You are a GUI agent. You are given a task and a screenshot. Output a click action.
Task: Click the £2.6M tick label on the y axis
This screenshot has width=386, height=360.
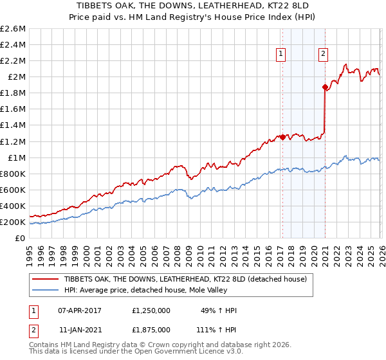[x=13, y=29]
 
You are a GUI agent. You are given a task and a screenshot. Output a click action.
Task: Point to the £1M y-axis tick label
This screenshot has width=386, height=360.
[x=15, y=157]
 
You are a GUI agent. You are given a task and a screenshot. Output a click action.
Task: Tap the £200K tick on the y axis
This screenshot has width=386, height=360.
[x=13, y=222]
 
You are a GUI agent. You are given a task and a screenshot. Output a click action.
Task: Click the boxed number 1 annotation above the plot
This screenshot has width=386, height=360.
[x=282, y=55]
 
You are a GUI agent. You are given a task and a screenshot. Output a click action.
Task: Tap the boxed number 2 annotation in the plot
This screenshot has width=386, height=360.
[x=322, y=55]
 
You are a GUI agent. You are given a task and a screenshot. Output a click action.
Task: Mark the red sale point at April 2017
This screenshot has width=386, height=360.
[x=282, y=137]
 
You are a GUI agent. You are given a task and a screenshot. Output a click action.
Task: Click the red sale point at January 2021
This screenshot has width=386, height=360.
[x=325, y=87]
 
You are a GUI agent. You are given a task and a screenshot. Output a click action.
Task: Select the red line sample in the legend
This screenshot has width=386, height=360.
[x=45, y=280]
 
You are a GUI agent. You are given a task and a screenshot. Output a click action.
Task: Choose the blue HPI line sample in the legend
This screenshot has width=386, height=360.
[x=45, y=291]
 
